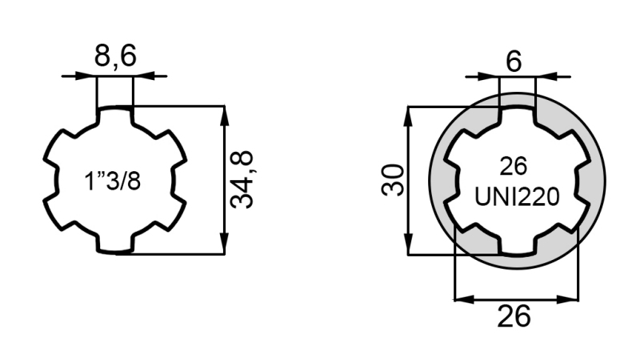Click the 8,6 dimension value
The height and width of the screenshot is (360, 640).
tap(114, 58)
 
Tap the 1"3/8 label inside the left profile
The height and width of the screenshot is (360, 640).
tap(113, 181)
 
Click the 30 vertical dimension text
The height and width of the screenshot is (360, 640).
tap(393, 181)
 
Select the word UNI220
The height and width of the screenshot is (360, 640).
tap(516, 196)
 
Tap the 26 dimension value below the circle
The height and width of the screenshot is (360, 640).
tap(514, 317)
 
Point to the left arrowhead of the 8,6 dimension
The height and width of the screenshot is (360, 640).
tap(89, 76)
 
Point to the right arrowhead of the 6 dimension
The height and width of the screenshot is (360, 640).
tap(543, 77)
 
